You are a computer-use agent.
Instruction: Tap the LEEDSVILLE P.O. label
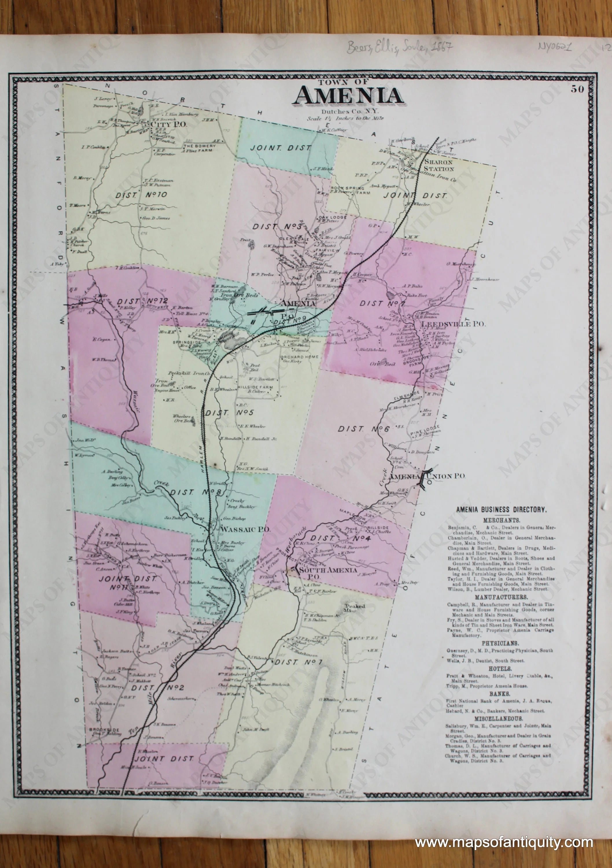tap(453, 324)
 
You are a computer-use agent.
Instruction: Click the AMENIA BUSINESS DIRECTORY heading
tap(501, 510)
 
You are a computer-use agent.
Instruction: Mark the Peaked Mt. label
tap(354, 608)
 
